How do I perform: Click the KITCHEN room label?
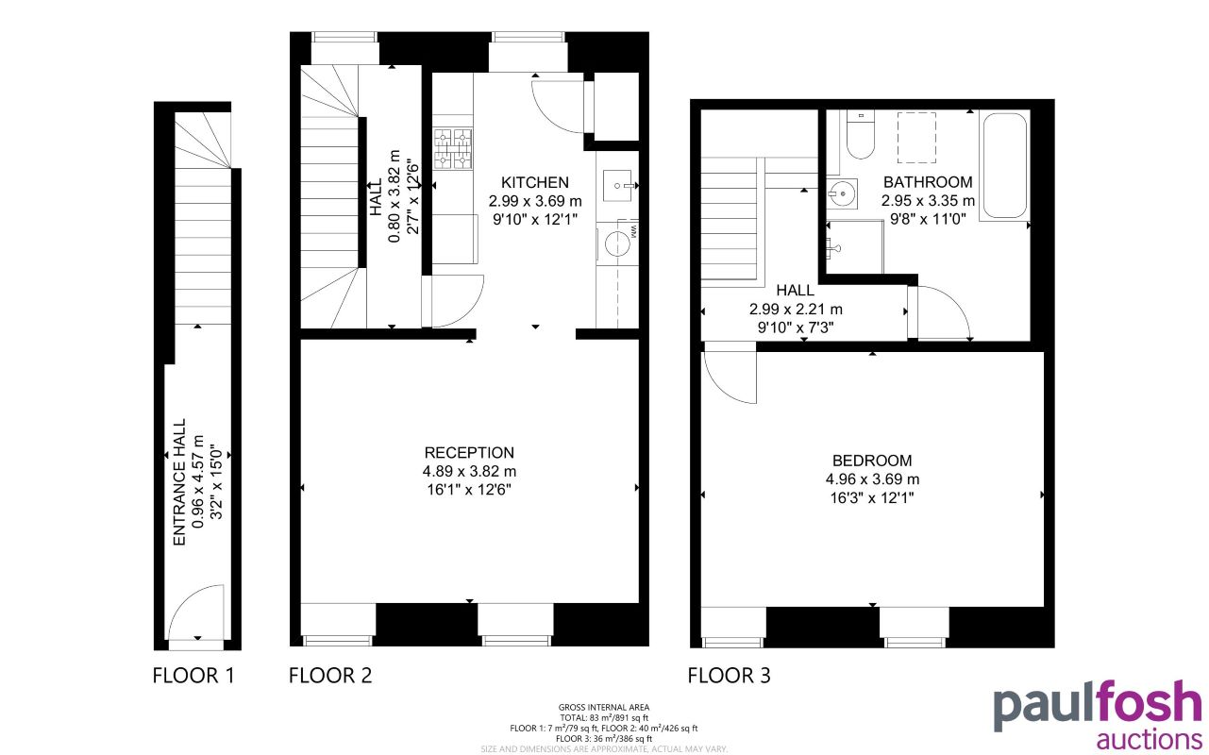click(x=535, y=182)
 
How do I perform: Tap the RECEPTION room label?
click(x=469, y=453)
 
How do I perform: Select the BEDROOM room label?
click(x=872, y=461)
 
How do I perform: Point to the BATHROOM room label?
click(x=928, y=182)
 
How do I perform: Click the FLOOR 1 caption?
click(x=193, y=676)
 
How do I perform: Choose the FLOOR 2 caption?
click(x=330, y=676)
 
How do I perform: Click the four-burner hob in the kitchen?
click(x=452, y=149)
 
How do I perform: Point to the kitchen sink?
click(x=619, y=185)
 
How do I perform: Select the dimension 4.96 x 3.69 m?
click(x=872, y=479)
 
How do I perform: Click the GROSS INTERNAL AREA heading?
click(x=603, y=707)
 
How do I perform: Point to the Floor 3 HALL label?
click(x=796, y=292)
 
